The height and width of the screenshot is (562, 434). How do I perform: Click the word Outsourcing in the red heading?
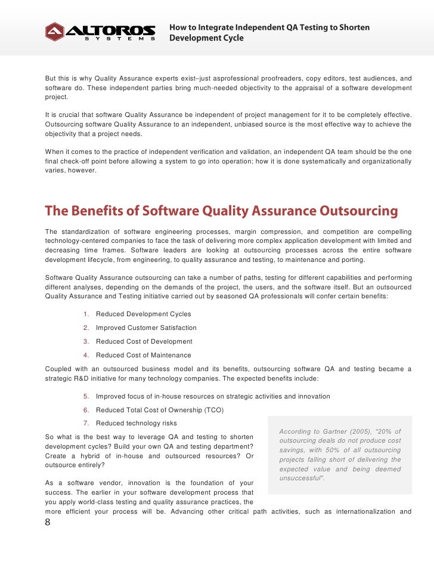359,211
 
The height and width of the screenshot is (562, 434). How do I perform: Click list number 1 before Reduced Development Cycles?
86,314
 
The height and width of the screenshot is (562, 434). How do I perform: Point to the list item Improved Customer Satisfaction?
146,328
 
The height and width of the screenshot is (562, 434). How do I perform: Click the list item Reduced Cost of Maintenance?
143,355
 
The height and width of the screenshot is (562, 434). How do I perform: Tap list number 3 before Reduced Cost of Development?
86,341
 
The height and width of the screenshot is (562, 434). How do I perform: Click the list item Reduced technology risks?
136,424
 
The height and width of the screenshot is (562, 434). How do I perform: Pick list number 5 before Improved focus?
86,396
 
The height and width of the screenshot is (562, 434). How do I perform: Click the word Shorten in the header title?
354,27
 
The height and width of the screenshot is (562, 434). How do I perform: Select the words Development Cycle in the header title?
207,38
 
